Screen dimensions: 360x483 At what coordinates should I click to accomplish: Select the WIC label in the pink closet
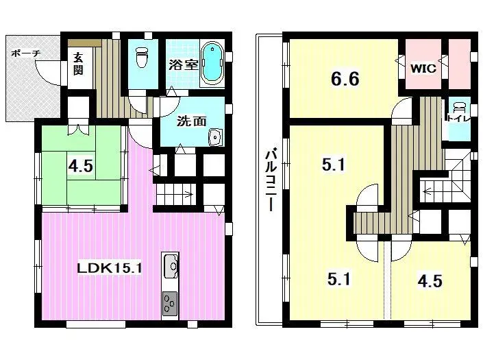tap(423, 69)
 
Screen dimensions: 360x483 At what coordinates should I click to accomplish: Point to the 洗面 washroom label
tap(191, 121)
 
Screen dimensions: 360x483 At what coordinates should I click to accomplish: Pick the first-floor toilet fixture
tap(143, 58)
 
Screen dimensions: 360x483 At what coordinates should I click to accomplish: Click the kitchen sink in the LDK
tap(171, 265)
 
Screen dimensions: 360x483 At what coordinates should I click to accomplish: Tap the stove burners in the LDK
tap(170, 302)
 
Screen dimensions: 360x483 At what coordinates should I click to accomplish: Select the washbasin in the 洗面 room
tap(215, 137)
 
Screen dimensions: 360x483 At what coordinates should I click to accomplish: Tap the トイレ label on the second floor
tap(458, 119)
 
